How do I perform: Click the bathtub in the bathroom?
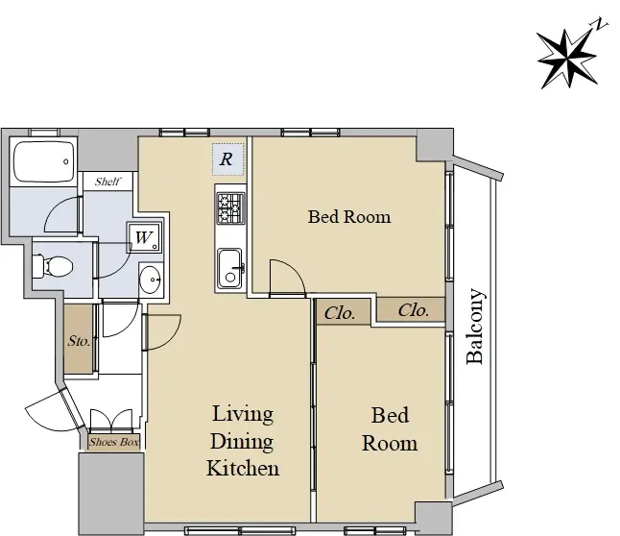[x=43, y=162]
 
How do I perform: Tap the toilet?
[x=53, y=266]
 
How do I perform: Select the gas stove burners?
[x=230, y=207]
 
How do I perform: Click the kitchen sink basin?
[x=229, y=268]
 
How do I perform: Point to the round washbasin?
[x=151, y=280]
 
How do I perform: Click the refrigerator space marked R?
[x=227, y=159]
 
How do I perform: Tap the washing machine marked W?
[x=144, y=237]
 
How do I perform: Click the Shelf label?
[x=107, y=182]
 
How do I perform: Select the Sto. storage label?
[x=79, y=341]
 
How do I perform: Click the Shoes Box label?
[x=114, y=442]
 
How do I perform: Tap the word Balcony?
[x=475, y=327]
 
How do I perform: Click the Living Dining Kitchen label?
[x=243, y=441]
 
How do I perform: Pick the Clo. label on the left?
[x=340, y=313]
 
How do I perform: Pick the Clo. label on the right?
[x=414, y=310]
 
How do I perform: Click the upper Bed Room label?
[x=349, y=216]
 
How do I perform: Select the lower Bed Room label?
[x=390, y=429]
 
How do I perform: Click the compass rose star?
[x=567, y=59]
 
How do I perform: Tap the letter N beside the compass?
[x=601, y=24]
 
